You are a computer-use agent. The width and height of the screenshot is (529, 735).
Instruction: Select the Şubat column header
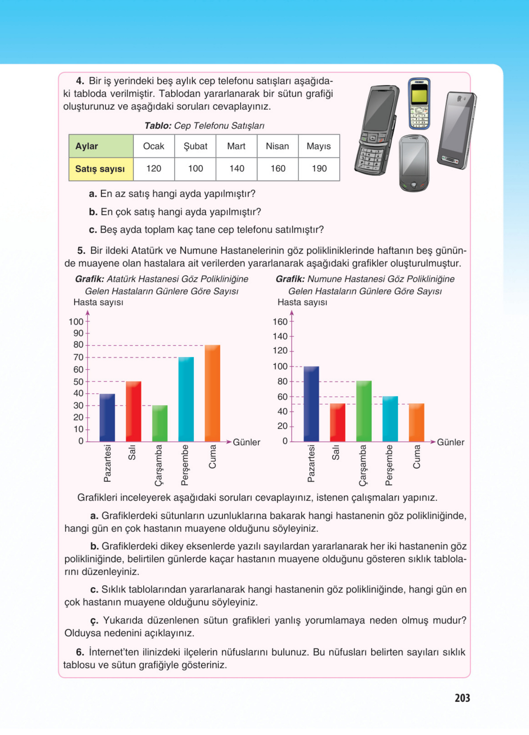click(195, 146)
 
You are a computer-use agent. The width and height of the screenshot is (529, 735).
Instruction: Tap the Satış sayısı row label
click(100, 169)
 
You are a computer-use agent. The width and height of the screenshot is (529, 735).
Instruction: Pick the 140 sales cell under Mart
click(236, 169)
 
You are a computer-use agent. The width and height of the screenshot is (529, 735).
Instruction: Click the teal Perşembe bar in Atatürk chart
click(186, 399)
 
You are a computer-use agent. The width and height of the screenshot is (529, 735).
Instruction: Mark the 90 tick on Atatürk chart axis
click(79, 333)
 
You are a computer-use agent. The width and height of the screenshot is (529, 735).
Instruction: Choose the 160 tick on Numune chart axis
click(280, 322)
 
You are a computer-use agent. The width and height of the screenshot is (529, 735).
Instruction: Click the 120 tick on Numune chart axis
click(280, 351)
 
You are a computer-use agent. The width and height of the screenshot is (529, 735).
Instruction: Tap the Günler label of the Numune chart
click(450, 442)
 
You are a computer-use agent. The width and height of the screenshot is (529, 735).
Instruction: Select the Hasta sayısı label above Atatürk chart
click(98, 302)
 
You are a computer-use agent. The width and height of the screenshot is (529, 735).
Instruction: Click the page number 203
click(462, 698)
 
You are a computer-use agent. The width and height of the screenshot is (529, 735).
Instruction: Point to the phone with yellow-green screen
click(419, 103)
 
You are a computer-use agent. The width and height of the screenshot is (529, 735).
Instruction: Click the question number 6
click(80, 652)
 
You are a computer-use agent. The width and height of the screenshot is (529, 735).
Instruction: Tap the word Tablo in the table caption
click(157, 126)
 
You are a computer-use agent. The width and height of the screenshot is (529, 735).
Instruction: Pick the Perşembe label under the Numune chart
click(389, 465)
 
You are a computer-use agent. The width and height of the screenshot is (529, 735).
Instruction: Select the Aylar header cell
click(101, 146)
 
